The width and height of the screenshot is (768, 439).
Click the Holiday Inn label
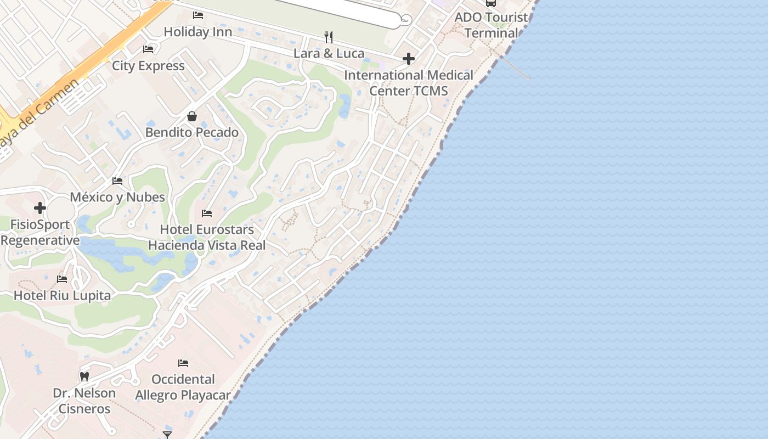[197, 32]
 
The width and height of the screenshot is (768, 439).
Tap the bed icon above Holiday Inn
[198, 15]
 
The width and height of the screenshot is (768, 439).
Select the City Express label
[148, 66]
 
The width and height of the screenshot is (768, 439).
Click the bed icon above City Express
[148, 49]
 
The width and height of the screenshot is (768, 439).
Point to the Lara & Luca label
[329, 53]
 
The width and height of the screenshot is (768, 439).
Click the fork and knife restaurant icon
[329, 37]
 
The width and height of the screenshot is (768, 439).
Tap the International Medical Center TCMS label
[409, 83]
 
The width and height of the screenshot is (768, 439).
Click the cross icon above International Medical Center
[409, 59]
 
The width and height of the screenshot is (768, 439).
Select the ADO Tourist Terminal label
[491, 25]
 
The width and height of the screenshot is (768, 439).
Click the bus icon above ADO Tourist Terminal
[491, 3]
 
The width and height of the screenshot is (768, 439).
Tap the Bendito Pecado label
[192, 132]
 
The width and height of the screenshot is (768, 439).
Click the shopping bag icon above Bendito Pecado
[192, 116]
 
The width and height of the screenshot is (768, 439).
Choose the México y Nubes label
[117, 197]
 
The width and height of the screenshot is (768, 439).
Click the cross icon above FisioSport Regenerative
[39, 208]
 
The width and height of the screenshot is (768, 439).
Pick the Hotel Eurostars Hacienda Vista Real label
[207, 237]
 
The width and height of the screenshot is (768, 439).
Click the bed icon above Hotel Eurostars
[207, 213]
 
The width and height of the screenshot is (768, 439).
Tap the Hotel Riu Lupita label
[62, 295]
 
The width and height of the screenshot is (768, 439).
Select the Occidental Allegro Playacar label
[183, 387]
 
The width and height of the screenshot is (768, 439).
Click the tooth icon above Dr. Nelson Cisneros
[84, 377]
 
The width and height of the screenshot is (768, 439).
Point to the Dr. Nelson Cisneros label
[84, 401]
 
